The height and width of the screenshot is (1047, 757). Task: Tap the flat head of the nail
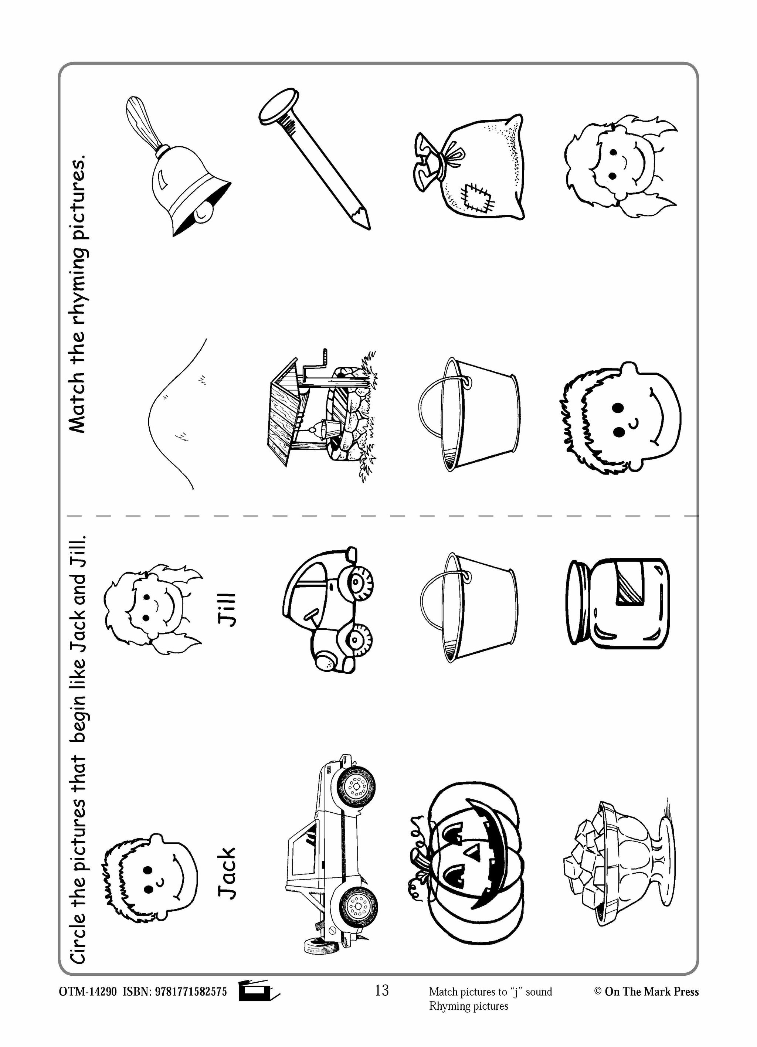pos(277,106)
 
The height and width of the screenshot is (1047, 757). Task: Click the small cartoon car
pos(328,609)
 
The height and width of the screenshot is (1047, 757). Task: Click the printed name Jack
pos(227,873)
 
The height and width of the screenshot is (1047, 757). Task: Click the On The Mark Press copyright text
pos(646,992)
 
